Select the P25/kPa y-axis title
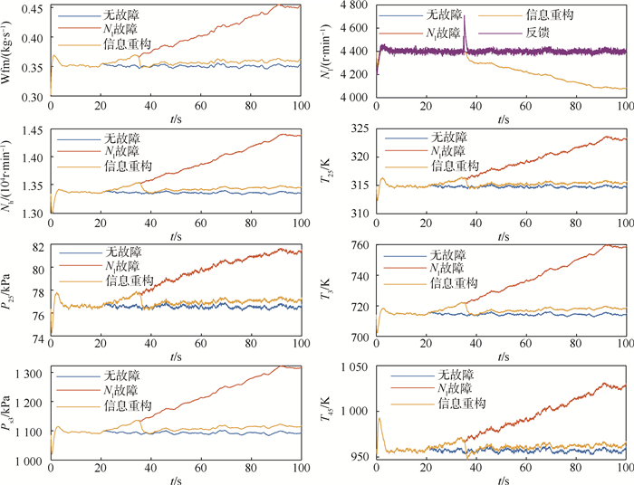(x=10, y=291)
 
